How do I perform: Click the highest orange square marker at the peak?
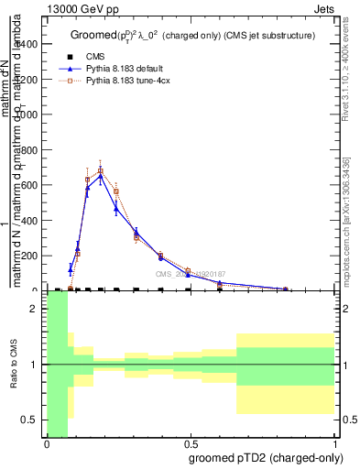pyautogui.click(x=101, y=170)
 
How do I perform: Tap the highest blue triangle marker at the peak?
pyautogui.click(x=101, y=176)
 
